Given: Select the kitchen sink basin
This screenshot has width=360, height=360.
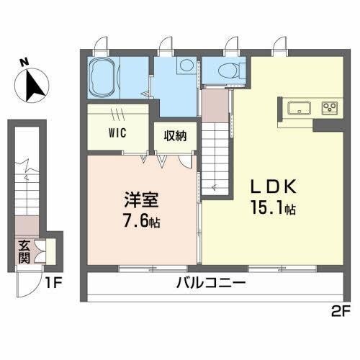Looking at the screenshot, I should [x=298, y=109].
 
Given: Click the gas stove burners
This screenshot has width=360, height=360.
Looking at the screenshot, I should [x=330, y=109].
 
